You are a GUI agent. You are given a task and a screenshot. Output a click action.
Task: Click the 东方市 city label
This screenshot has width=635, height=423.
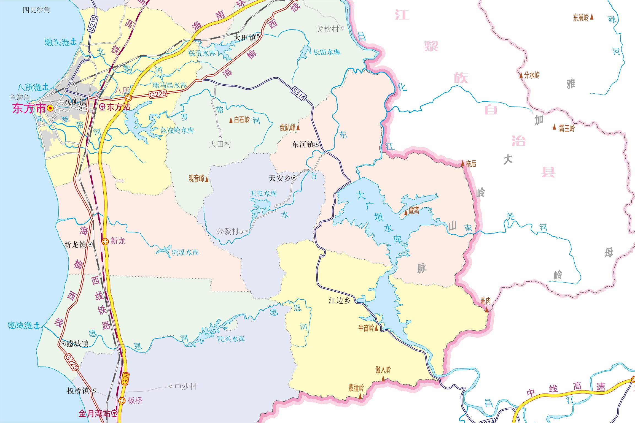pyautogui.click(x=29, y=109)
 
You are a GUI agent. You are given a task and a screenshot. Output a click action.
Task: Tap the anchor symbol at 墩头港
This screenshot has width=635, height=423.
pyautogui.click(x=73, y=42)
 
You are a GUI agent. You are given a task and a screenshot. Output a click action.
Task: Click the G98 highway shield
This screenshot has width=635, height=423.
pyautogui.click(x=125, y=379)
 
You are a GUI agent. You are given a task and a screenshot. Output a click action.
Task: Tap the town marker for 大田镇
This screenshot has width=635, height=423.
pyautogui.click(x=258, y=35)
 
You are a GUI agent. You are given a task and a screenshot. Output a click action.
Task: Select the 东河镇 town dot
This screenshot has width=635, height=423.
pyautogui.click(x=317, y=144)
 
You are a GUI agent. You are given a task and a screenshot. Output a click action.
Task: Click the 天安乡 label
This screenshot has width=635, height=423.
pyautogui.click(x=279, y=178)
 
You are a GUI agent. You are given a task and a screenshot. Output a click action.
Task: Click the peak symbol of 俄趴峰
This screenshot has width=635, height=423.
pyautogui.click(x=298, y=128)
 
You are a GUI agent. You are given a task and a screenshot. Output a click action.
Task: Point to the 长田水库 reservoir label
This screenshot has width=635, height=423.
pyautogui.click(x=327, y=52)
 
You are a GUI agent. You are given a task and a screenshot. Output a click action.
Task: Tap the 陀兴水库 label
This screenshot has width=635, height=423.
pyautogui.click(x=231, y=339)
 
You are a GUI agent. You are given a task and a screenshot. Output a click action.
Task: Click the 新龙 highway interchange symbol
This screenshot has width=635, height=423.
pyautogui.click(x=105, y=242)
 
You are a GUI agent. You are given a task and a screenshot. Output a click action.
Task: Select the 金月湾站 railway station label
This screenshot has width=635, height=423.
pyautogui.click(x=95, y=413)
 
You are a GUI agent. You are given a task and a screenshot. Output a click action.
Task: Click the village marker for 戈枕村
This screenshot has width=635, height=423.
pyautogui.click(x=343, y=28)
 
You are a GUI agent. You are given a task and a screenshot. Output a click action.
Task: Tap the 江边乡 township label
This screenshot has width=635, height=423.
pyautogui.click(x=340, y=301)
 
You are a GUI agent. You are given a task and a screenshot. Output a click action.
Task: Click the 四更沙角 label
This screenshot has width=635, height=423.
pyautogui.click(x=36, y=10)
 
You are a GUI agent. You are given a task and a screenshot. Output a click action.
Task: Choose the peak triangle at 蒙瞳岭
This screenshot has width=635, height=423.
pyautogui.click(x=360, y=397)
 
